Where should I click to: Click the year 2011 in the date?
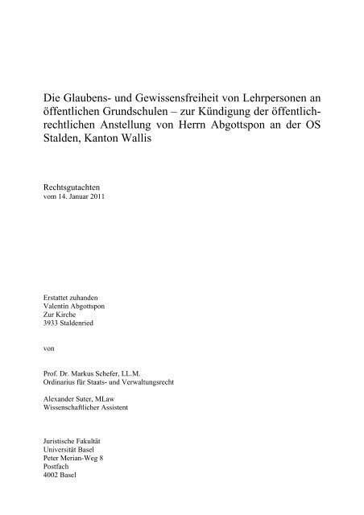[x=103, y=196]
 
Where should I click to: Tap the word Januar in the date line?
[x=83, y=196]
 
